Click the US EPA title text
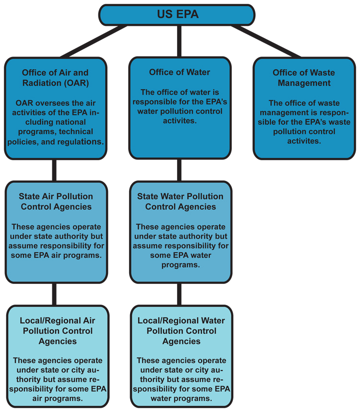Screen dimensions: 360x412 (x=178, y=14)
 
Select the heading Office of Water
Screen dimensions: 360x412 (x=180, y=72)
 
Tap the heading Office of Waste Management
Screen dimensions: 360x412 (x=304, y=78)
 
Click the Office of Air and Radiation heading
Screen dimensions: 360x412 (x=56, y=78)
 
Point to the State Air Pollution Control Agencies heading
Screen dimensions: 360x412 (x=56, y=201)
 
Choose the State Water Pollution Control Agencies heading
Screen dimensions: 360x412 (x=180, y=201)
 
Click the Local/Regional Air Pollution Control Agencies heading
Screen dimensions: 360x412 (x=58, y=330)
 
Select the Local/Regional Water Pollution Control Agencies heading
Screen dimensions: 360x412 (x=181, y=330)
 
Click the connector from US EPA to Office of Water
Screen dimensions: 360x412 (x=180, y=41)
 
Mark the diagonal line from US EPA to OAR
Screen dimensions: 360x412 (x=94, y=41)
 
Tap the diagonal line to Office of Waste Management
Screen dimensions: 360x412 (x=266, y=41)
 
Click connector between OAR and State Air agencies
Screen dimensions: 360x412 (x=54, y=170)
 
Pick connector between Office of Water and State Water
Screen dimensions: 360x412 (x=180, y=170)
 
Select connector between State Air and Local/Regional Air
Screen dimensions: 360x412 (x=54, y=294)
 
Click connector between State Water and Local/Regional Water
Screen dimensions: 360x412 (x=180, y=294)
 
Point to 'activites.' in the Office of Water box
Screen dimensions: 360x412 (x=180, y=120)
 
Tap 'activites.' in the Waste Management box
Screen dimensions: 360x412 (x=304, y=141)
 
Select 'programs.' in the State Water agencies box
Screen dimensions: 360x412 (x=180, y=265)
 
